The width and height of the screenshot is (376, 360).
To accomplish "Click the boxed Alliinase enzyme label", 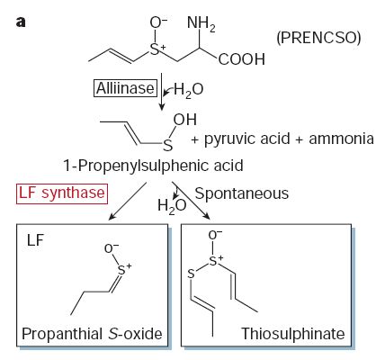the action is pos(125,88).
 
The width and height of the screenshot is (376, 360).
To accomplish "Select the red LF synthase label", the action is pos(62,193).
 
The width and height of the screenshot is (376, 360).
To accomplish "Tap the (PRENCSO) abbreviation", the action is pos(318,38).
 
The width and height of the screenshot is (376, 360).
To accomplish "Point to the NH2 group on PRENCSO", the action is pos(201,23).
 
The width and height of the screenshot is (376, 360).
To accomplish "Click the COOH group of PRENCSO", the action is pos(242,59).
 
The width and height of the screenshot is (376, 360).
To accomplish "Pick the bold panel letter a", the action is pos(21,22).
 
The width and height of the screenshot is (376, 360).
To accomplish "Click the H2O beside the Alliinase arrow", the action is pos(188,90).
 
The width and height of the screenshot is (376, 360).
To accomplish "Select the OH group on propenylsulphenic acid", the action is pos(185,120).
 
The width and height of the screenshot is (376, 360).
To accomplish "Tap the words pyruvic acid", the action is pos(247,139).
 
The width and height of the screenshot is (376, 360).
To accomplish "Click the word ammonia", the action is pos(341,139).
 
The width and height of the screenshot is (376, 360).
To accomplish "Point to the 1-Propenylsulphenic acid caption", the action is pos(153,166).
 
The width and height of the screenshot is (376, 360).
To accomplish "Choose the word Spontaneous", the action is pos(242,193).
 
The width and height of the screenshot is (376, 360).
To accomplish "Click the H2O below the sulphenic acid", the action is pos(172,206).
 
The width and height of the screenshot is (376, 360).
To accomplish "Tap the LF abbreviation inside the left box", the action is pos(35,240).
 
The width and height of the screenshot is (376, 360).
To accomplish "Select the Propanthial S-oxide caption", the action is pos(92,334).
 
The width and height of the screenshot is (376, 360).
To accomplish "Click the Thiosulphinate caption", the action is pos(293,334).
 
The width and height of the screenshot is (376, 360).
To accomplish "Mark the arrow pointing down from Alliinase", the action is pos(162,92).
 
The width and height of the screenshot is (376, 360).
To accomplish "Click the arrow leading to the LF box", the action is pos(128,201).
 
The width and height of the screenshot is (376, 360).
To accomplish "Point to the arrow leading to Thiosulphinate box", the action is pos(192,201).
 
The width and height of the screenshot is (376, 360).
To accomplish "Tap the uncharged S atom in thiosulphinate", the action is pos(191,274).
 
